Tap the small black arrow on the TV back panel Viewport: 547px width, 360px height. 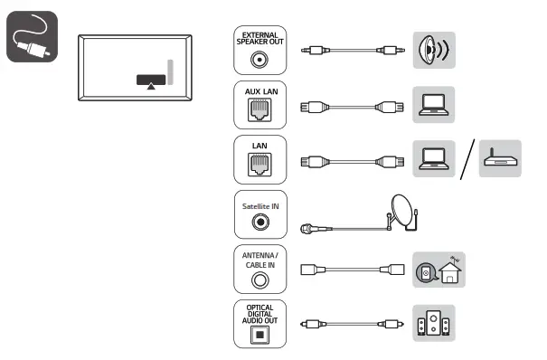[150, 86]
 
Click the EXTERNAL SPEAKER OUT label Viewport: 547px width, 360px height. [259, 39]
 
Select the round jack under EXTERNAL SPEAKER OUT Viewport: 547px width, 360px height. [259, 60]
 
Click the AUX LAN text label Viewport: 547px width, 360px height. [259, 92]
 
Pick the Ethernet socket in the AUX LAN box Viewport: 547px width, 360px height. [259, 111]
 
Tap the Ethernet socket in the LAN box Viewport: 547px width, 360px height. [259, 165]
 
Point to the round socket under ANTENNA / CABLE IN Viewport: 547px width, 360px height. [259, 279]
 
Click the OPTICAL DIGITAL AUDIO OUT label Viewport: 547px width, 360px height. [259, 312]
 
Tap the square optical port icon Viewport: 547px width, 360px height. [259, 333]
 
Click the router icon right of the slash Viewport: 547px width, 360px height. [498, 159]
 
